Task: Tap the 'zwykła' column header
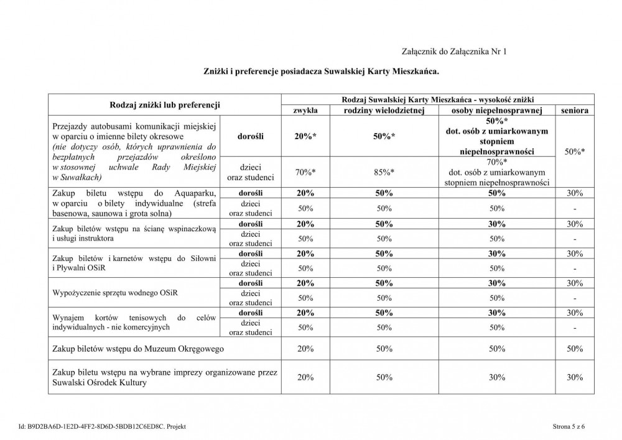click(x=305, y=110)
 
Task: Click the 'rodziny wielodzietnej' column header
click(x=384, y=110)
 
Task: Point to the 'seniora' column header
click(x=575, y=110)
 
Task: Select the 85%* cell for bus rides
click(x=384, y=172)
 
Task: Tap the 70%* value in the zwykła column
click(x=305, y=172)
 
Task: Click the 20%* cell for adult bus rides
click(x=305, y=137)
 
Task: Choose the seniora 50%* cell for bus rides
click(x=575, y=151)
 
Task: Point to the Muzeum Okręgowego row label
click(x=138, y=349)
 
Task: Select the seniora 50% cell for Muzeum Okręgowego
click(x=575, y=349)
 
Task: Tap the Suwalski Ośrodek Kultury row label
click(x=164, y=377)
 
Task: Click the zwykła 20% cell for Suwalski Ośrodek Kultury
click(x=305, y=377)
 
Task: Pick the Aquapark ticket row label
click(x=134, y=203)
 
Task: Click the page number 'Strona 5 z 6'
click(x=569, y=426)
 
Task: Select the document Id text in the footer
click(x=102, y=426)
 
